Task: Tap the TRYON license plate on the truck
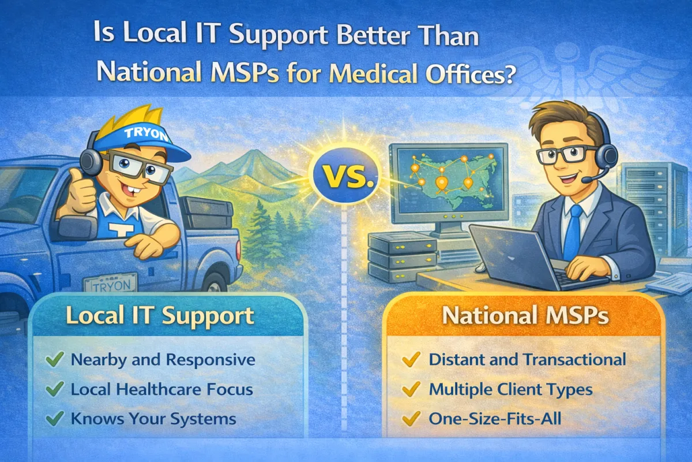(x=110, y=284)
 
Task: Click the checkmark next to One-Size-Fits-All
(x=411, y=419)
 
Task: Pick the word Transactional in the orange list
(x=574, y=360)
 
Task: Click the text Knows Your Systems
(x=153, y=419)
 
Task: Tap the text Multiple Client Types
(x=511, y=389)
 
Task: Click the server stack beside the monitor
(x=398, y=256)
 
